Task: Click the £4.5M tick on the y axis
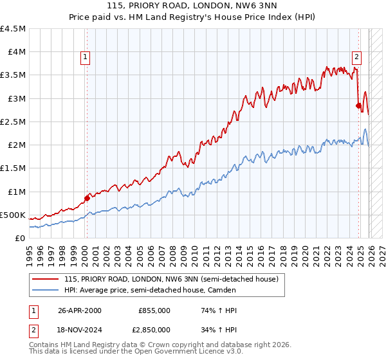point(13,29)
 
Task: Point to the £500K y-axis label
point(13,215)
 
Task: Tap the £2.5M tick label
point(13,122)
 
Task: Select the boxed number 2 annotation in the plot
point(356,56)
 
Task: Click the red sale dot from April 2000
point(87,198)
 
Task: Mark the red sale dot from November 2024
point(358,105)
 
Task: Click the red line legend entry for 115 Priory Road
point(171,279)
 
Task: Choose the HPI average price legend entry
point(150,291)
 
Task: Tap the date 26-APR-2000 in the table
point(80,310)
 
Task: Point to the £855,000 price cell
point(154,310)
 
